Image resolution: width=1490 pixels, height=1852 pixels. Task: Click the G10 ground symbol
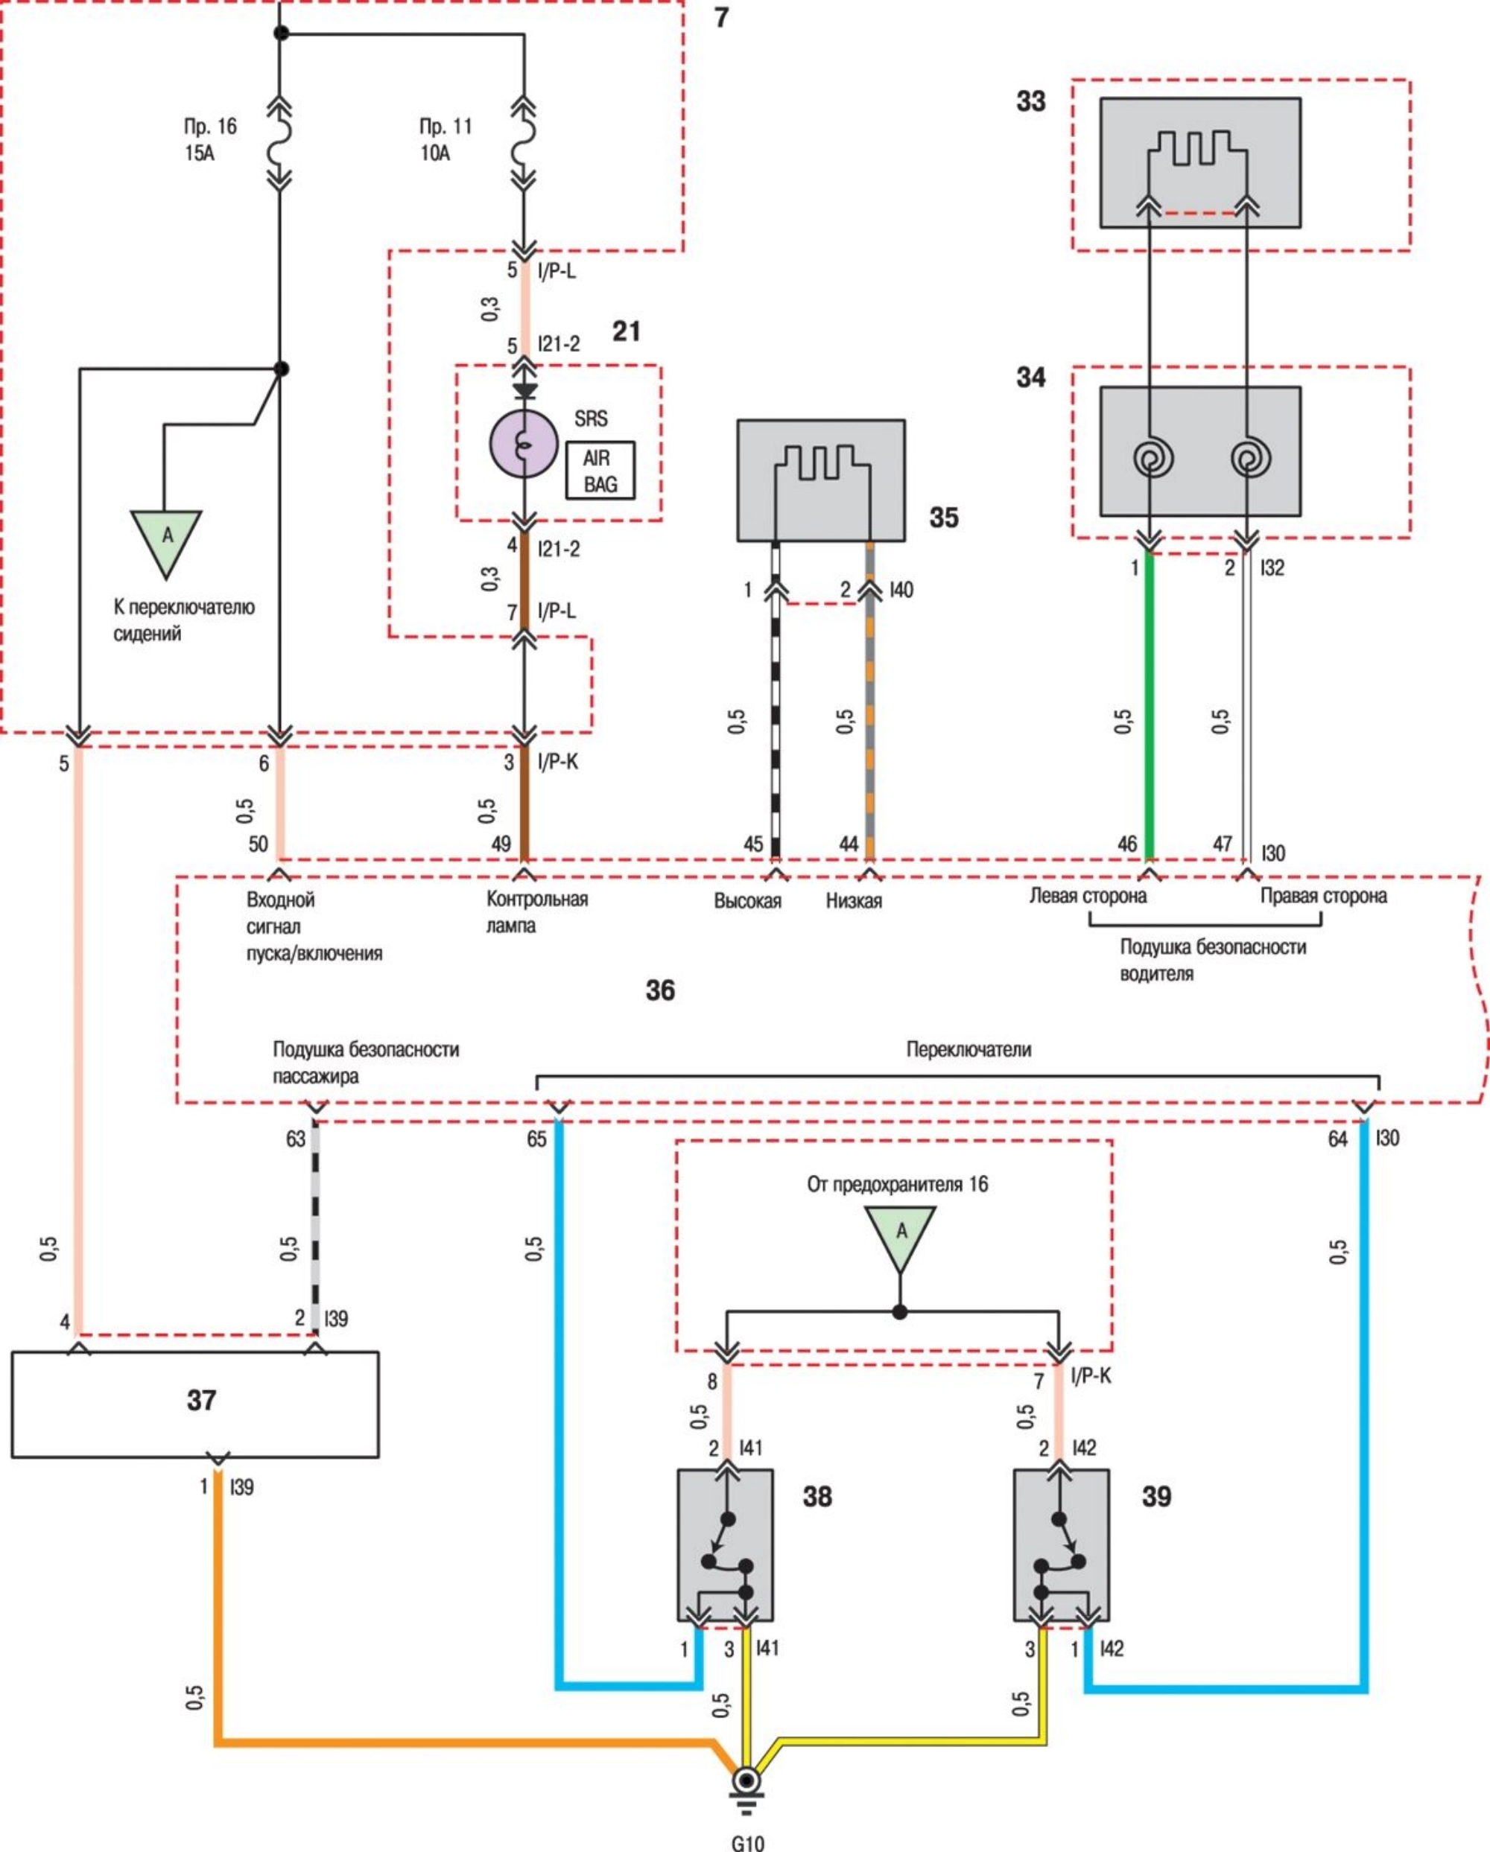746,1783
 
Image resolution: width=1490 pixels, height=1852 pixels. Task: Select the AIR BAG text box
600,471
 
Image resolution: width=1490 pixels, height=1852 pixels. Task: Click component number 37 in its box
201,1401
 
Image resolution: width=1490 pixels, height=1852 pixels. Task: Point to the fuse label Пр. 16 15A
209,139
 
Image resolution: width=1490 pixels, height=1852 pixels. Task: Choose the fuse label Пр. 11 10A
445,139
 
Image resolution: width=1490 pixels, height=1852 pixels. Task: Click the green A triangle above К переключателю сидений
167,538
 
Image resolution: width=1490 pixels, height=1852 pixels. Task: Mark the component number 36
660,990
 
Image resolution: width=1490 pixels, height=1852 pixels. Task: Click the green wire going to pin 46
1150,704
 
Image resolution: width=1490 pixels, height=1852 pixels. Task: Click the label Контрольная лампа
536,911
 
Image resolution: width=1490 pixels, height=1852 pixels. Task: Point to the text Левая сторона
1087,896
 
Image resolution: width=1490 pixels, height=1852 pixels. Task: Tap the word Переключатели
968,1048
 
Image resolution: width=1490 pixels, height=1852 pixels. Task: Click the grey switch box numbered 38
724,1546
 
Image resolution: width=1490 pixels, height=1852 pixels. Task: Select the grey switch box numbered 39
1060,1546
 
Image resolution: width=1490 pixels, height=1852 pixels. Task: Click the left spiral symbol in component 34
1152,459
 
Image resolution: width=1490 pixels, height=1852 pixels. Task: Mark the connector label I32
1272,567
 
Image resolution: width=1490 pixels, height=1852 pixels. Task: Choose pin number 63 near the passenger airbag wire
296,1139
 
